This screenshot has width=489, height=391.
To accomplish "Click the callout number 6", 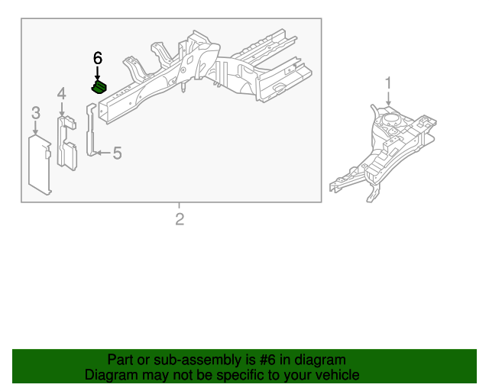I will [x=97, y=58].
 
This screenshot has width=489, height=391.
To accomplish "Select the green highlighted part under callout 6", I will [x=100, y=89].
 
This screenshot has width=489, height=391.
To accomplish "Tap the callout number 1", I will [x=388, y=82].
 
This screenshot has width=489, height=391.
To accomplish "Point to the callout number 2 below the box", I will [x=180, y=220].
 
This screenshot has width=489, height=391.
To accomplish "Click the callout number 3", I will [x=35, y=113].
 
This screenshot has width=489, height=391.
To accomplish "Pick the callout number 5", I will [x=117, y=153].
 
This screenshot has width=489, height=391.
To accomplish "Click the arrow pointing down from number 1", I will [x=388, y=98].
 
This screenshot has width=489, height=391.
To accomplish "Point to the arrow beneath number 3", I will [x=35, y=128].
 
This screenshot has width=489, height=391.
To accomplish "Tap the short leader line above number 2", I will [x=180, y=206].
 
